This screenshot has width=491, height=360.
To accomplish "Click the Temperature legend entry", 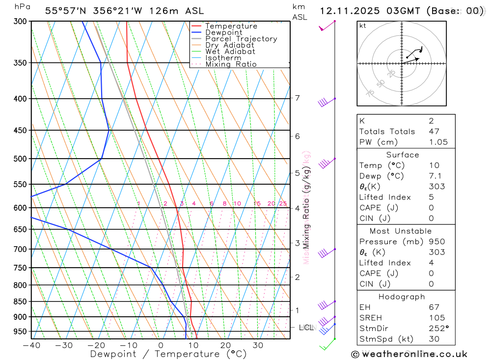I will [231, 26].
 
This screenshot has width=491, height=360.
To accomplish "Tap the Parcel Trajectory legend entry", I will [241, 39].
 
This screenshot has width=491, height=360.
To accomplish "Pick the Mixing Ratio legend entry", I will [231, 64].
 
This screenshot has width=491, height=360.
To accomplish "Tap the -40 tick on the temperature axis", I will [31, 345].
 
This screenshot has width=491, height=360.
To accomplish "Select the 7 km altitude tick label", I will [297, 98].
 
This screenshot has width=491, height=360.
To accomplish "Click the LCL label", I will [306, 327].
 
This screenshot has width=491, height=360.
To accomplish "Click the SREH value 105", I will [436, 318].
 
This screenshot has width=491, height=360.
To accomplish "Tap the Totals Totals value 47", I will [434, 131].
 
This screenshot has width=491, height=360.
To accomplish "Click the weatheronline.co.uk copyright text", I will [409, 354].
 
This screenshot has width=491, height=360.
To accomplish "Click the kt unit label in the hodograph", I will [363, 26].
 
